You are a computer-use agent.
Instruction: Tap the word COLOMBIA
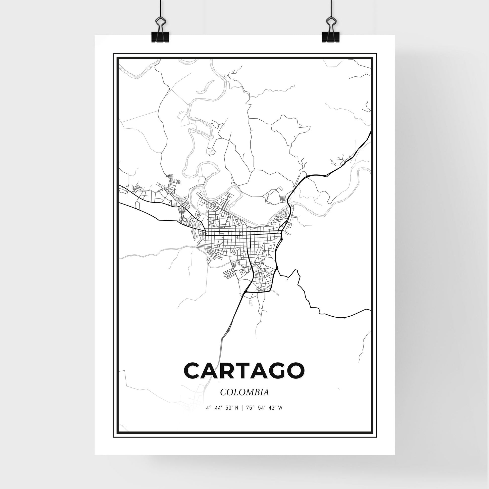(x=245, y=393)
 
